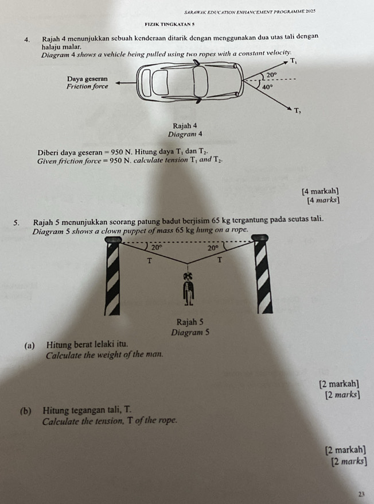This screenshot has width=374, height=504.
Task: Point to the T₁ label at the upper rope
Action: pos(293,60)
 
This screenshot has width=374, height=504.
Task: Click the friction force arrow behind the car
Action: pos(123,82)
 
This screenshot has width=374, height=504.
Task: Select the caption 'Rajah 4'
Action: pos(185,125)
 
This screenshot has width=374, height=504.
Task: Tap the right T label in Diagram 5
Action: pos(219,261)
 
